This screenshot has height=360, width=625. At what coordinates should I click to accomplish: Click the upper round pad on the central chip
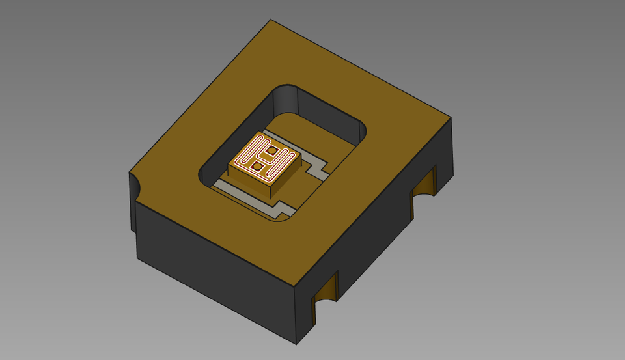tap(273, 151)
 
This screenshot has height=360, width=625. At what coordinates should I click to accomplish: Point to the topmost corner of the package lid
tap(270, 20)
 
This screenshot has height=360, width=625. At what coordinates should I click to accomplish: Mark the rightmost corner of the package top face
tap(451, 118)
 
